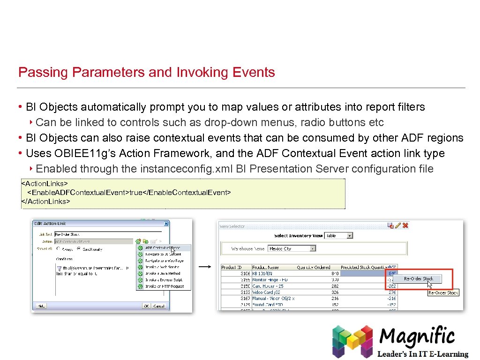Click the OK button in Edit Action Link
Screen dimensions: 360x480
click(146, 306)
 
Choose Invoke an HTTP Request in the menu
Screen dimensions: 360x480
click(164, 286)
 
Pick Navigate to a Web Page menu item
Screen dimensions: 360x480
click(164, 261)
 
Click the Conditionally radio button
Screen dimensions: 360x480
click(79, 249)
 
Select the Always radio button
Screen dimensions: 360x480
click(58, 249)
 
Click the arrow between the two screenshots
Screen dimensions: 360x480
click(204, 267)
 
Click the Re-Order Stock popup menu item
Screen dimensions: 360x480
click(419, 279)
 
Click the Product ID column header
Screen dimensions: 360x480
click(232, 267)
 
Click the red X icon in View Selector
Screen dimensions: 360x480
click(405, 225)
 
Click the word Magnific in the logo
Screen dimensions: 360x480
click(417, 336)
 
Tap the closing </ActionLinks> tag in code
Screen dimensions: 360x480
click(45, 202)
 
